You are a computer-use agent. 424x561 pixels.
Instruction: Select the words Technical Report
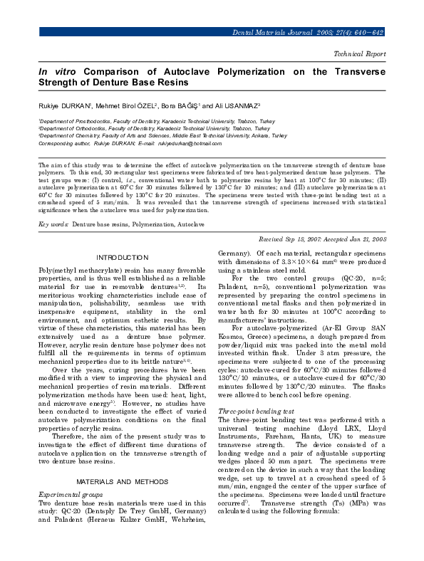(360, 53)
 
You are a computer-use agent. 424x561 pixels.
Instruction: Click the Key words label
(53, 224)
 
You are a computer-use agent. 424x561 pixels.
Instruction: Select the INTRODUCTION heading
(122, 257)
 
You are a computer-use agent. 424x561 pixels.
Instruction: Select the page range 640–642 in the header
(371, 33)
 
